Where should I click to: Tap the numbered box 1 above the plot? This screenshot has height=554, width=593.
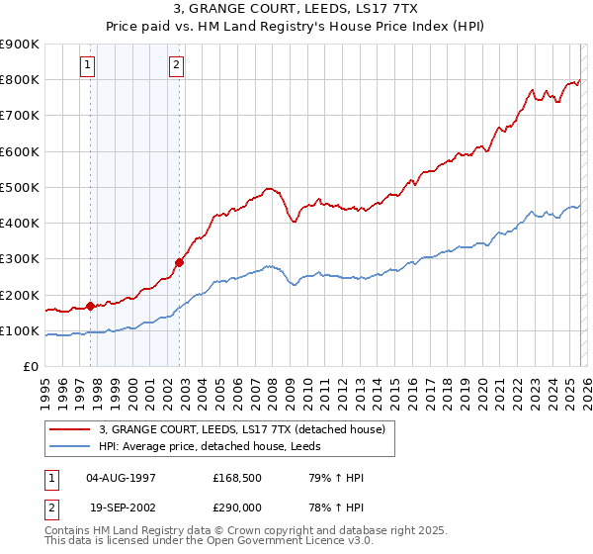pyautogui.click(x=89, y=66)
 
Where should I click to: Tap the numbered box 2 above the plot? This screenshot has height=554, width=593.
pyautogui.click(x=176, y=66)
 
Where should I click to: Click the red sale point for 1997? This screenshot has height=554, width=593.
pyautogui.click(x=90, y=306)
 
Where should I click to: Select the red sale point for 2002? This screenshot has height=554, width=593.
pyautogui.click(x=179, y=262)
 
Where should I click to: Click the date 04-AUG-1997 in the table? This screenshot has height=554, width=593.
pyautogui.click(x=122, y=478)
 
